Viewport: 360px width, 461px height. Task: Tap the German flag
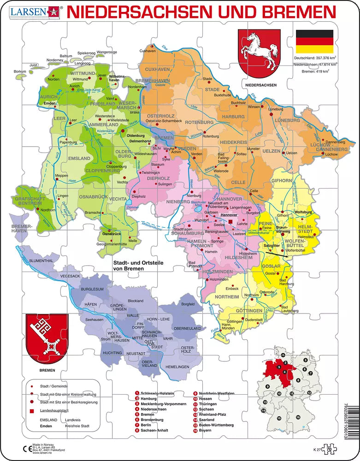(314, 41)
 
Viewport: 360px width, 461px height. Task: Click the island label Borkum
(20, 71)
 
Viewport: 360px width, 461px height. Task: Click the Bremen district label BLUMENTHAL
(42, 260)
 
